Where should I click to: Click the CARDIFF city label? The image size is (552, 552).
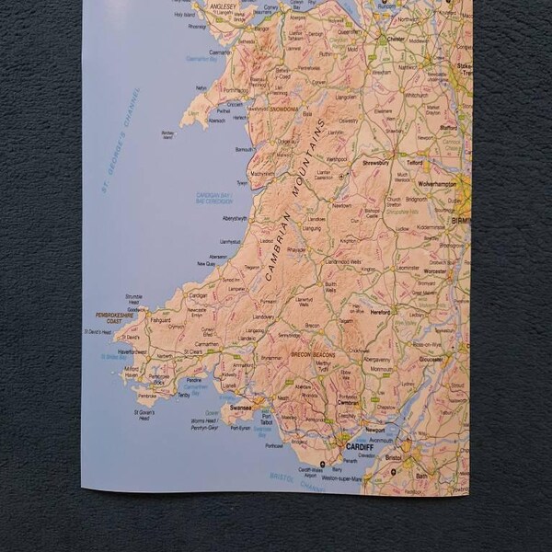click(359, 446)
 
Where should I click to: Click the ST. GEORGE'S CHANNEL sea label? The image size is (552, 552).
click(121, 140)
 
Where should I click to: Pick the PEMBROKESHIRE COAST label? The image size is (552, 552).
click(115, 317)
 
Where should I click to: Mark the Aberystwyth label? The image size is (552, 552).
click(235, 218)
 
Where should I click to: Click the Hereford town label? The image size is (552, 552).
click(380, 312)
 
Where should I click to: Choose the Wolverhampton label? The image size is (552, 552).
click(436, 184)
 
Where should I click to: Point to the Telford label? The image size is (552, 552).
click(415, 162)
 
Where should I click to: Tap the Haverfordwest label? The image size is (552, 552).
click(132, 351)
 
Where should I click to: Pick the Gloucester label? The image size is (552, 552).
click(430, 358)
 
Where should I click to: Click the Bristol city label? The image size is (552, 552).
click(394, 457)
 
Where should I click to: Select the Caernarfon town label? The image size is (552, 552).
click(221, 53)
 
